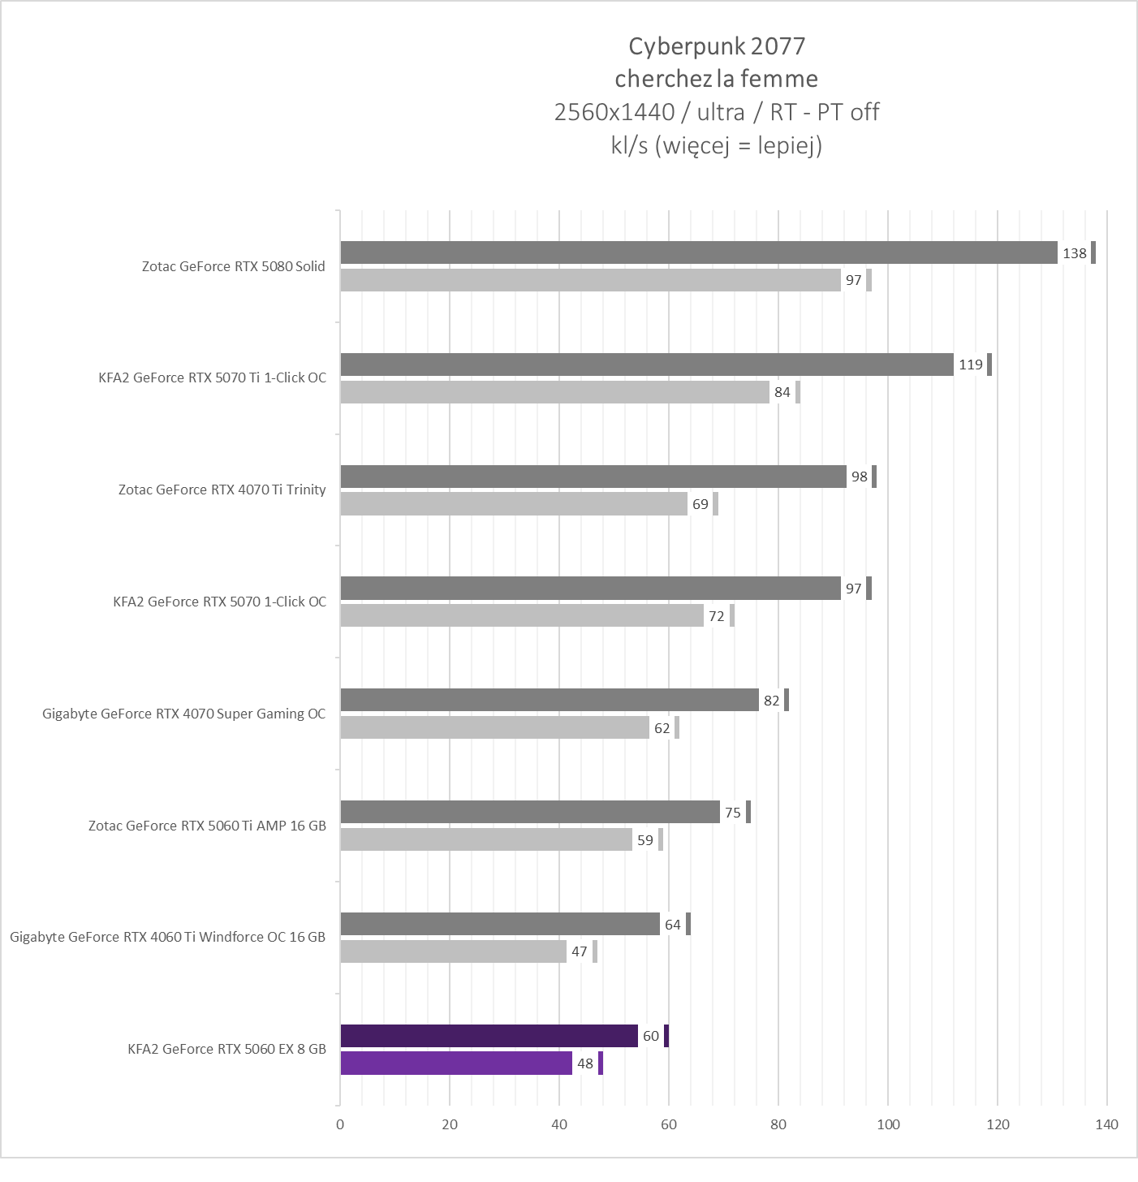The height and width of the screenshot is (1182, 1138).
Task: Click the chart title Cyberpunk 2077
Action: click(x=717, y=46)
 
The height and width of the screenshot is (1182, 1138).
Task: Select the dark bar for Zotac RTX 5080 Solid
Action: click(x=698, y=252)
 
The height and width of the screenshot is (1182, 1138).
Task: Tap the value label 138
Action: click(x=1074, y=253)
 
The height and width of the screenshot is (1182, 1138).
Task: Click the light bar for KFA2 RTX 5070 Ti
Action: click(x=554, y=392)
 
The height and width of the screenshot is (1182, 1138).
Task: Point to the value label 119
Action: click(x=970, y=365)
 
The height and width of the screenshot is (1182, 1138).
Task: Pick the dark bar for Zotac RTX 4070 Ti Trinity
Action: click(x=593, y=477)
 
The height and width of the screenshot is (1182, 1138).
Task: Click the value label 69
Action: click(x=700, y=504)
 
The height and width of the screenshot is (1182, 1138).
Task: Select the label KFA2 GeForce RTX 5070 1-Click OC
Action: click(x=219, y=602)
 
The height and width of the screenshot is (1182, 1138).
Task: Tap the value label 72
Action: click(x=716, y=616)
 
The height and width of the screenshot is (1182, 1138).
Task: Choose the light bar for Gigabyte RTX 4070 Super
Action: click(x=494, y=728)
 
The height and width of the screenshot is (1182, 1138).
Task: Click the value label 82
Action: click(x=771, y=701)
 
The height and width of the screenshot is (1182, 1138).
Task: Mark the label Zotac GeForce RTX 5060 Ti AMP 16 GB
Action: click(x=207, y=826)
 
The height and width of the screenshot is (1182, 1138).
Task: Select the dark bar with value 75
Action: click(x=529, y=812)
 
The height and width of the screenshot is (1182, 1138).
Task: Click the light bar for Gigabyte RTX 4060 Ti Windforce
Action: click(x=453, y=951)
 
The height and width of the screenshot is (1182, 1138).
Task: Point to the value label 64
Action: click(x=672, y=925)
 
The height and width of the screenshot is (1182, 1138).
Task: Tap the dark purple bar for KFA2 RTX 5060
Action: click(x=489, y=1036)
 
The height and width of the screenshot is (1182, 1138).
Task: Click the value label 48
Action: click(x=584, y=1063)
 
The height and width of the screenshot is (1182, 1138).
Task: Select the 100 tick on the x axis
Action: click(x=888, y=1124)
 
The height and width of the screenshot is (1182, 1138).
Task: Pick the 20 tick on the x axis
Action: click(x=450, y=1124)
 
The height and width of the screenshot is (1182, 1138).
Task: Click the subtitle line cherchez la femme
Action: click(x=717, y=79)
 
